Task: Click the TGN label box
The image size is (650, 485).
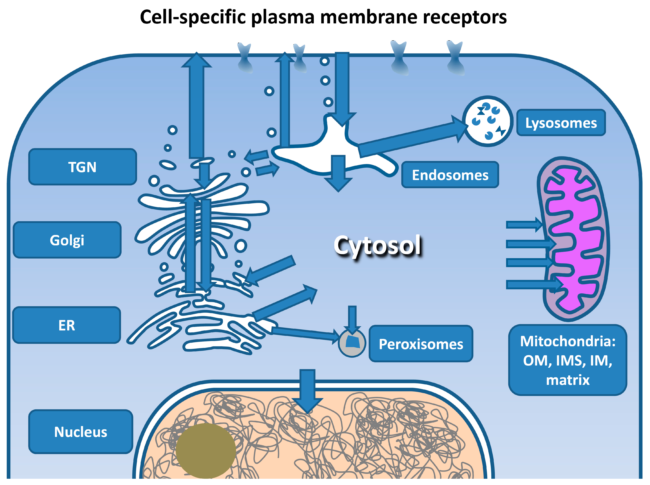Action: point(82,167)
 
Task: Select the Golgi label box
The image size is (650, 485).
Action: point(67,240)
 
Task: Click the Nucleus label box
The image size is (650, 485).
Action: point(81,432)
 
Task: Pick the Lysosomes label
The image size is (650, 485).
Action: point(561,123)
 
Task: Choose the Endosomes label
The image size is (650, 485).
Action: point(450,175)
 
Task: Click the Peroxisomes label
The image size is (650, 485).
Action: point(421,344)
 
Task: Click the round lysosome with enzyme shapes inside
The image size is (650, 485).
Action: point(487,121)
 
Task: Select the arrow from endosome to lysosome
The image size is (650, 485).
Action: point(411,138)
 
